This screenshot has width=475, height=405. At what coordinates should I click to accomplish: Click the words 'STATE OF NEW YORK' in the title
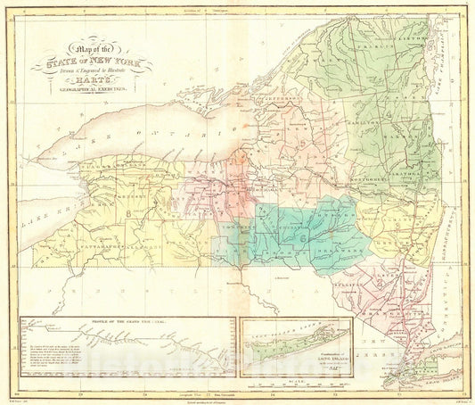(92, 65)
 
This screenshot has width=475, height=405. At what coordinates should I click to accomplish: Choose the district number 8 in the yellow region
(128, 212)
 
